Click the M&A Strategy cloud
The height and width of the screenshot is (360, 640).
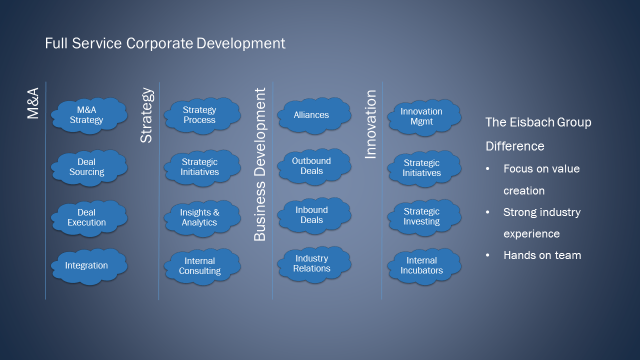tap(89, 115)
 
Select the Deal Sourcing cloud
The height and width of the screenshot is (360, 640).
tap(89, 167)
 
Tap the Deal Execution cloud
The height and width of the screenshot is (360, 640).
tap(89, 218)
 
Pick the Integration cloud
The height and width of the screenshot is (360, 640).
tap(89, 266)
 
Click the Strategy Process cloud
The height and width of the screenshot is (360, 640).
tap(202, 115)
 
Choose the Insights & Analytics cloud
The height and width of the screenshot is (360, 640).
tap(202, 218)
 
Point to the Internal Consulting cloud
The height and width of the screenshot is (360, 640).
tap(202, 266)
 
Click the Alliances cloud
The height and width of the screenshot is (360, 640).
tap(314, 115)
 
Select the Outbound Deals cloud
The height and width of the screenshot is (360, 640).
tap(314, 166)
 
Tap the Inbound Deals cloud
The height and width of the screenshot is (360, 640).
tap(314, 215)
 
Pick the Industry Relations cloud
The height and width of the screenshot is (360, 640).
tap(314, 264)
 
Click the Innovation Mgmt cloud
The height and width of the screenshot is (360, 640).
tap(424, 117)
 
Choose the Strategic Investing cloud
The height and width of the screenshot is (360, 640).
tap(424, 217)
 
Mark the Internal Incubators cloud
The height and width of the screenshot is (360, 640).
tap(424, 266)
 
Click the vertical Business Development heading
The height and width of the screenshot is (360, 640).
tap(260, 164)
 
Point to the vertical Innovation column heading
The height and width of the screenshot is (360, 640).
tap(370, 124)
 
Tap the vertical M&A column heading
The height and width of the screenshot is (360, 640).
tap(33, 103)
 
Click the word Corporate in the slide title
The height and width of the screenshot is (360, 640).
tap(159, 43)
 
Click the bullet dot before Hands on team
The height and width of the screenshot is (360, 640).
tap(487, 255)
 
